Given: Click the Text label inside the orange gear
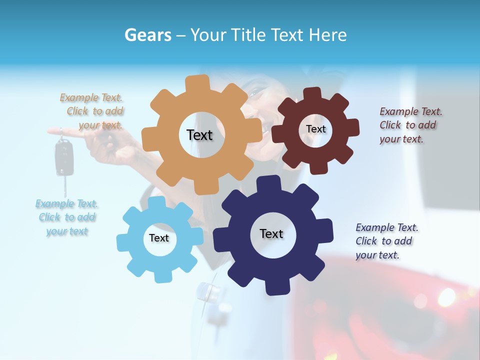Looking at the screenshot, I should click(x=199, y=135).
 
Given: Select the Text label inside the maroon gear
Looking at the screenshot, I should click(x=315, y=129).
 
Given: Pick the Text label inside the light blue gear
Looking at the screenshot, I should click(x=159, y=238).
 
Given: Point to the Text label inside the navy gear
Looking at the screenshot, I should click(x=271, y=233).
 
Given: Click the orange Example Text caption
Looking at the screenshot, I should click(x=92, y=111).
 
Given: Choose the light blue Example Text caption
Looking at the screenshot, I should click(x=67, y=217).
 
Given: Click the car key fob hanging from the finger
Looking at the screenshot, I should click(x=62, y=157).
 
